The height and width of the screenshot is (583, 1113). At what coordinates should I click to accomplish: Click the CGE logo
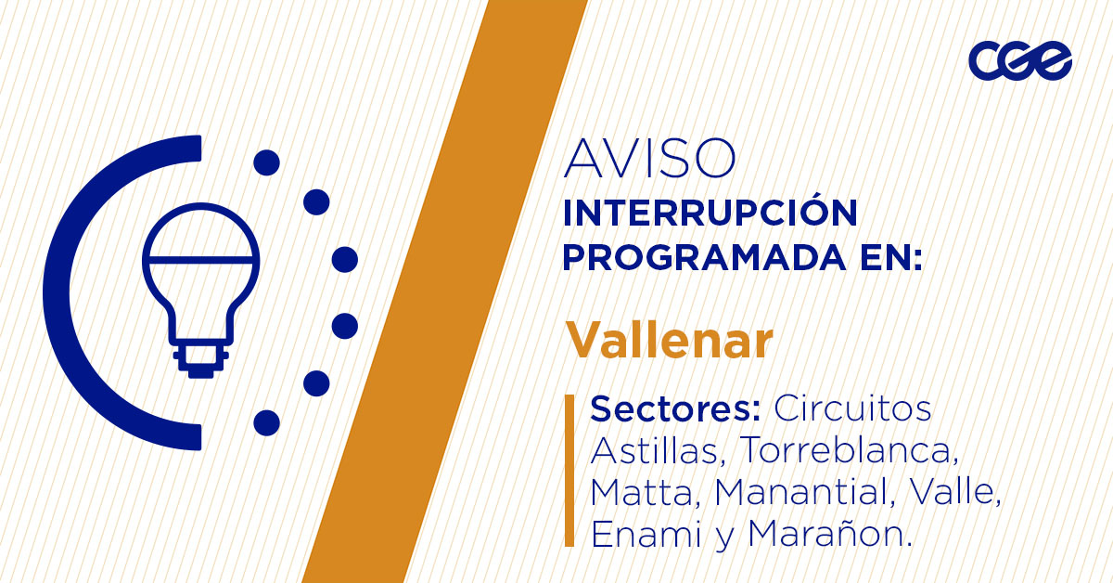click(1019, 61)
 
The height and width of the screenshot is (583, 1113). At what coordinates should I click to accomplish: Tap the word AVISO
click(648, 160)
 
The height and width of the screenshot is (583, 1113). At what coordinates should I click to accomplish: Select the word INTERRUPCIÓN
click(710, 213)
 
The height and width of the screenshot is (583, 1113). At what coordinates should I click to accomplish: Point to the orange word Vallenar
click(670, 341)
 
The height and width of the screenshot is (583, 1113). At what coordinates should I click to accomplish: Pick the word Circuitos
click(852, 408)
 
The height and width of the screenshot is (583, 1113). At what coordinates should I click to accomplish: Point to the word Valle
click(947, 492)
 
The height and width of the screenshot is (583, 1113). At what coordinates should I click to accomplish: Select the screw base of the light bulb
click(200, 358)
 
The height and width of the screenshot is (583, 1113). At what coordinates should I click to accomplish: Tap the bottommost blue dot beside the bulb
click(266, 422)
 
